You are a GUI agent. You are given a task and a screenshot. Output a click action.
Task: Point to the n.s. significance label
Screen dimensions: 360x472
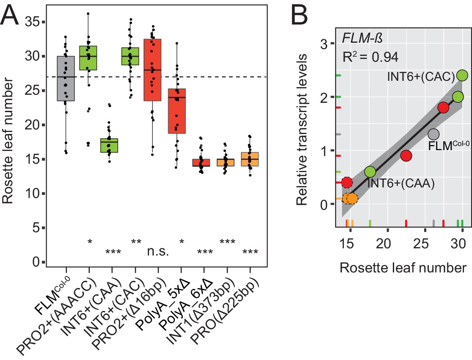click(158, 253)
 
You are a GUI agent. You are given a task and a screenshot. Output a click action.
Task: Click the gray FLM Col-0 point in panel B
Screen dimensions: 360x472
click(433, 134)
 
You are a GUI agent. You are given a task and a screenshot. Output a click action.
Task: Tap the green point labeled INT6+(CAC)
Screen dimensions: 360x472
click(462, 75)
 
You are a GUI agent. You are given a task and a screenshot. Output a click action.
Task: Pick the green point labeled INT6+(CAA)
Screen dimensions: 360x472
click(370, 172)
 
